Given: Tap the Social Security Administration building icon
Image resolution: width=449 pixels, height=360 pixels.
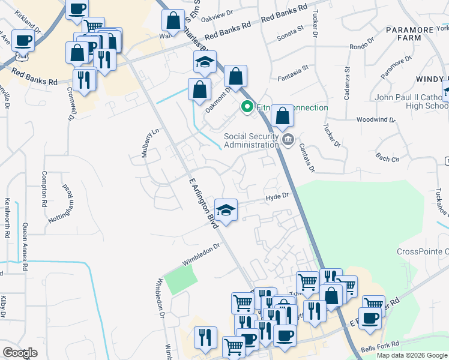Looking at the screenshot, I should coord(288,140).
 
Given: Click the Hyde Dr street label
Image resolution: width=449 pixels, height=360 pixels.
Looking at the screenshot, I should coord(277,196).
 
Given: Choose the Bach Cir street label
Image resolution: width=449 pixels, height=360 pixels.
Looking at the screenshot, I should coord(387,158).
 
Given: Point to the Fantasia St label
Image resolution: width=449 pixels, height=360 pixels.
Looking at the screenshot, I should coord(293,78).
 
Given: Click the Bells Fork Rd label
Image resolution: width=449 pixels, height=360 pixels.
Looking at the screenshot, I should coord(379,347).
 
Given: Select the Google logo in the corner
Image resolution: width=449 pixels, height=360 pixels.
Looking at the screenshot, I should coord(20,353).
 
